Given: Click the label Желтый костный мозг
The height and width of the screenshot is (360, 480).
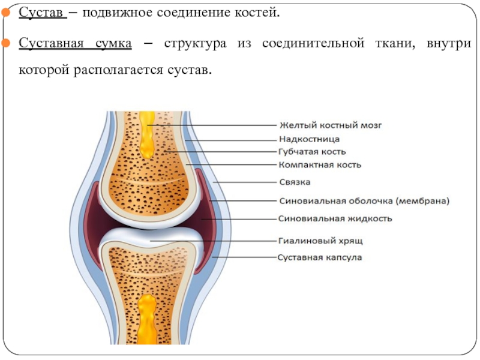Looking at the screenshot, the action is [x=331, y=125].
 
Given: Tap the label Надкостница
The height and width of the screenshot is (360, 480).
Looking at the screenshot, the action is [x=310, y=139].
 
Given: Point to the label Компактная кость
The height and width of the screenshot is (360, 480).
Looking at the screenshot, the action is [x=320, y=164].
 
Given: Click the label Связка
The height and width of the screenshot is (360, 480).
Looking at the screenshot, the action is [x=295, y=182].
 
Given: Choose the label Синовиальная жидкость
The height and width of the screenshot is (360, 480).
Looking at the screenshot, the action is [x=336, y=218].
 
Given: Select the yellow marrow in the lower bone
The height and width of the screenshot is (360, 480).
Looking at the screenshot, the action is [x=146, y=318].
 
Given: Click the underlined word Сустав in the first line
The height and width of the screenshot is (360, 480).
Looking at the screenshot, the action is [x=42, y=13].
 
